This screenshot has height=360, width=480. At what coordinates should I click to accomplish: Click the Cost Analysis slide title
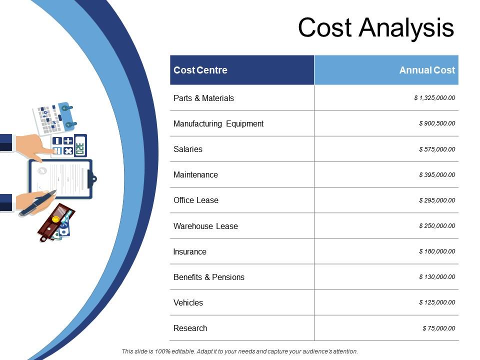[376, 27]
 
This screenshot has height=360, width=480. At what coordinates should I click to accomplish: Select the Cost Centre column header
[200, 70]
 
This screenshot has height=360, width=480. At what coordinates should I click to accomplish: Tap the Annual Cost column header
[427, 70]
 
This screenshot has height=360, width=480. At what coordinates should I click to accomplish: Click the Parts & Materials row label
[203, 98]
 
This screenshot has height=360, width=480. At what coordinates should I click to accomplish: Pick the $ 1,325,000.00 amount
[434, 98]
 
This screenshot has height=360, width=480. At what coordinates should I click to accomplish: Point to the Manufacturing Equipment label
[218, 123]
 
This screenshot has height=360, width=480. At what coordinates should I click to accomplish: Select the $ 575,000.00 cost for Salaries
[437, 149]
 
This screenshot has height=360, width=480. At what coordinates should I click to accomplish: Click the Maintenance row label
[195, 174]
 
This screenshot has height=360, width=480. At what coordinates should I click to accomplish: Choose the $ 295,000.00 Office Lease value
[437, 200]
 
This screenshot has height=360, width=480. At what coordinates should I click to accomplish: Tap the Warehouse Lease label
[205, 226]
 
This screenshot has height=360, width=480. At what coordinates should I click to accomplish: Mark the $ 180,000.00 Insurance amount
[437, 251]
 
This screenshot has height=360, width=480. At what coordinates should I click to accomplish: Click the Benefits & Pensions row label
[209, 277]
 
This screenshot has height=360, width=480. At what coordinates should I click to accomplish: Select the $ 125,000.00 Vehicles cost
[437, 302]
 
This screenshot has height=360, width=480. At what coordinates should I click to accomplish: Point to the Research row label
[190, 328]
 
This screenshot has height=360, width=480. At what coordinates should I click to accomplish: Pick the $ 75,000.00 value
[439, 328]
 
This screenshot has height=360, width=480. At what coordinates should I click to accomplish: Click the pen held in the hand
[37, 204]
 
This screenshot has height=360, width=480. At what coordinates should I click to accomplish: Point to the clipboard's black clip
[91, 177]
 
